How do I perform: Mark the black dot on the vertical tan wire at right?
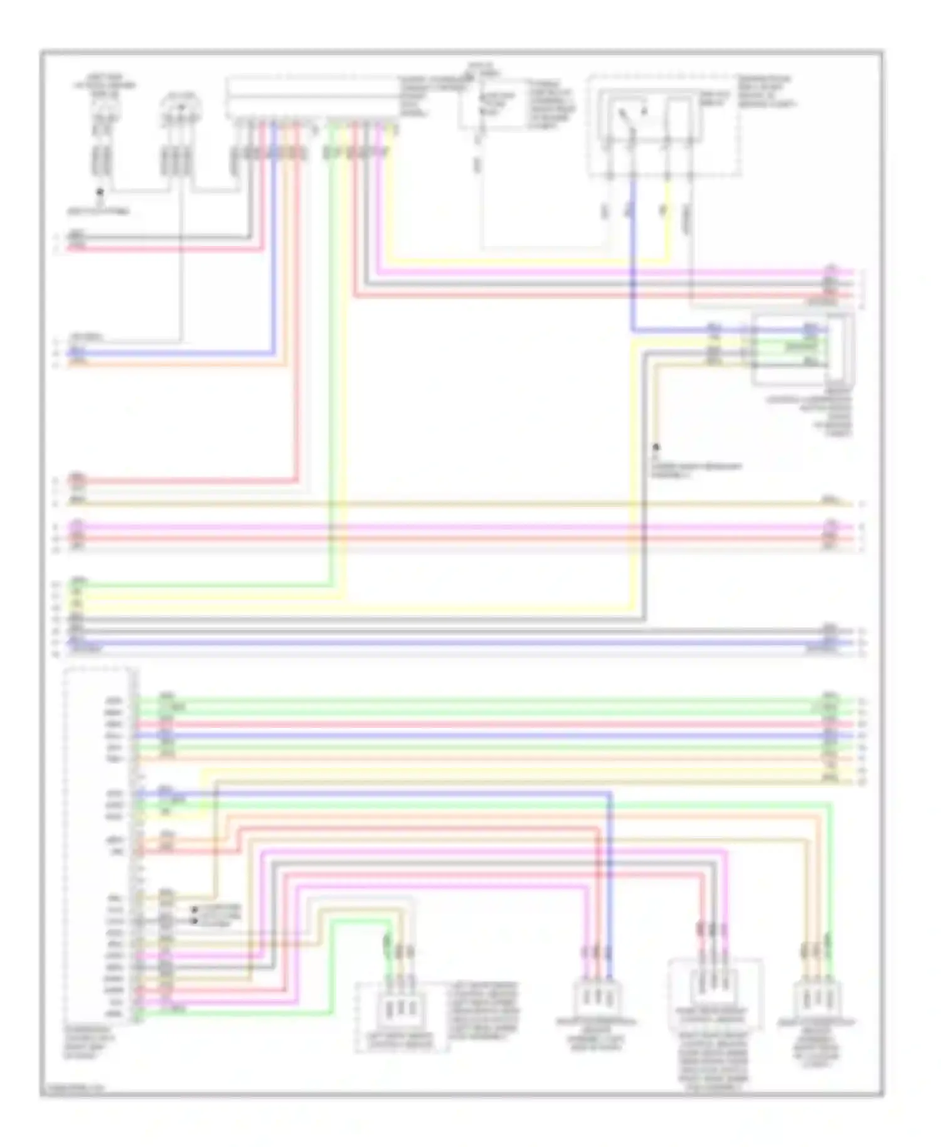[656, 448]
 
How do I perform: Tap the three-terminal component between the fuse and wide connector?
[181, 113]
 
